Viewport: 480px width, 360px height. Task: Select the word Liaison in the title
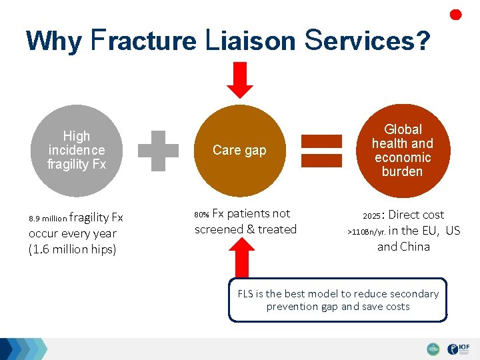[x=249, y=41]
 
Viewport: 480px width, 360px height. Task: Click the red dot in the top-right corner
[x=456, y=15]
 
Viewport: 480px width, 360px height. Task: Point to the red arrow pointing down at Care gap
[x=240, y=79]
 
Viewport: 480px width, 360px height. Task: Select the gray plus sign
[x=159, y=150]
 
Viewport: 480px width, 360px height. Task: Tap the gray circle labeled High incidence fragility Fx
[x=77, y=150]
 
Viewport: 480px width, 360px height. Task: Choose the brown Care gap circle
[x=239, y=150]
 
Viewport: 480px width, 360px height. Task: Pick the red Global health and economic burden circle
[x=402, y=151]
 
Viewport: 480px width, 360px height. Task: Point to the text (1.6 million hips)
[x=72, y=249]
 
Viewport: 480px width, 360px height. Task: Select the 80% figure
[x=201, y=215]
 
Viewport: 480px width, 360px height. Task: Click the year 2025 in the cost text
[x=372, y=216]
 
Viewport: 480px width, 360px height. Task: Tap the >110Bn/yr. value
[x=366, y=232]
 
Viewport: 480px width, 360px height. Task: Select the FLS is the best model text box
[x=337, y=300]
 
